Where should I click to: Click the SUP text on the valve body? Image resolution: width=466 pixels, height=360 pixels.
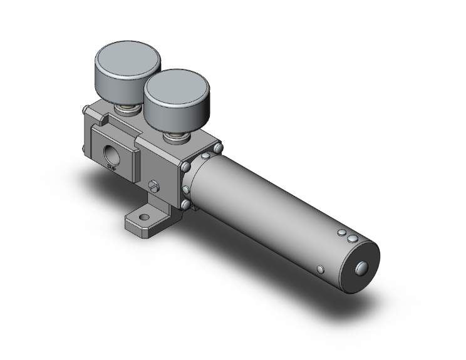tap(112, 167)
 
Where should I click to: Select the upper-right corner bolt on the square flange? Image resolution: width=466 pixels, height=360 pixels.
tap(218, 148)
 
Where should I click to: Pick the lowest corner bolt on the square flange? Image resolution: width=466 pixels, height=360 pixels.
tap(186, 203)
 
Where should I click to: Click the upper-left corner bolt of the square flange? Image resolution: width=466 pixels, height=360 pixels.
tap(186, 167)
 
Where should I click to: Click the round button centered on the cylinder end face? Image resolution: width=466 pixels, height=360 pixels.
tap(362, 268)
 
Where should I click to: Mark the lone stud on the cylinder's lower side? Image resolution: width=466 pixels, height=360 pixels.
tap(321, 269)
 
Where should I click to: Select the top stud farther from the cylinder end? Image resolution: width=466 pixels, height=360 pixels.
tap(341, 233)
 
